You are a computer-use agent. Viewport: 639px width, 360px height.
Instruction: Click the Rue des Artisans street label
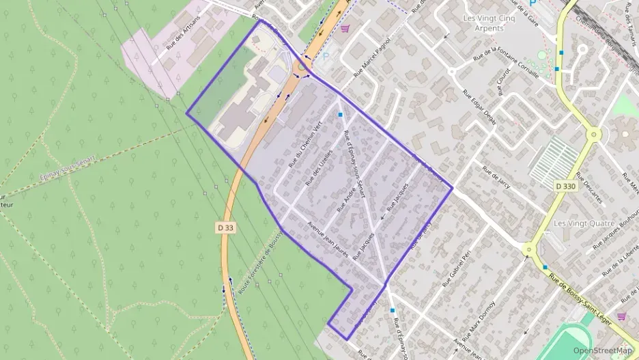pos(183,33)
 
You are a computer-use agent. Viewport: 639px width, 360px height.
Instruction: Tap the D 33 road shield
pos(226,227)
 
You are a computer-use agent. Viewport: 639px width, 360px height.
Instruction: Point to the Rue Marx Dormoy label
pos(478,321)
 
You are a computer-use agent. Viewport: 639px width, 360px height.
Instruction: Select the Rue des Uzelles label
pos(321,167)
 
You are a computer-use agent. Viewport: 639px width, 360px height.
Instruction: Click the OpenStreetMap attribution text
pos(602,350)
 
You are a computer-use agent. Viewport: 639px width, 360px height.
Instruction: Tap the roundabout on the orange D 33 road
pos(301,67)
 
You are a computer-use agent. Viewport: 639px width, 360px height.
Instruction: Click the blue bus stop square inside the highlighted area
pos(340,115)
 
